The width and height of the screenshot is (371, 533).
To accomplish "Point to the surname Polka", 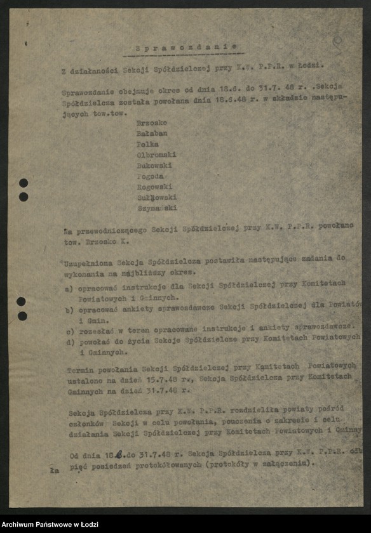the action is (x=149, y=143).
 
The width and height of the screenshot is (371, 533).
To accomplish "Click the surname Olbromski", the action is (x=156, y=154).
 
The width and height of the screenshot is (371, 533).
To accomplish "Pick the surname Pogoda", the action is (x=151, y=176).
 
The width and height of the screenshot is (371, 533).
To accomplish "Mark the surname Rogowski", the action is (x=154, y=187).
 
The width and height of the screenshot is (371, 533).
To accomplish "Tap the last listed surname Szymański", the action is (x=156, y=208).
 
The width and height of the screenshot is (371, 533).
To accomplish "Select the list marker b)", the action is (x=69, y=310).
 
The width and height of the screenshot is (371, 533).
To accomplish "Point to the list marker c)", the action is (x=69, y=331).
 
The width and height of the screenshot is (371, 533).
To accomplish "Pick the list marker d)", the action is (x=69, y=342).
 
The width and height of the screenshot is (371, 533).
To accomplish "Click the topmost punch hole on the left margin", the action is (x=24, y=183).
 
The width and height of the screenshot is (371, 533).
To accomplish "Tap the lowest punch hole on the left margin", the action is (x=22, y=316).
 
